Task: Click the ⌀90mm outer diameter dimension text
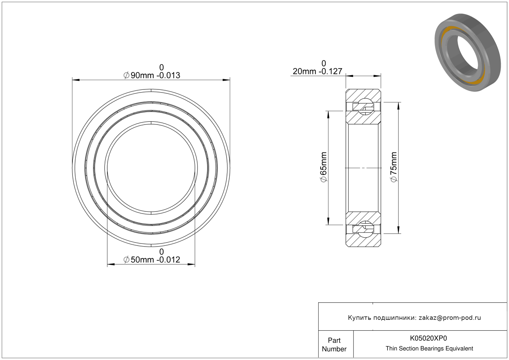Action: pyautogui.click(x=152, y=75)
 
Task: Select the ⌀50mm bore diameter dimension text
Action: pyautogui.click(x=152, y=260)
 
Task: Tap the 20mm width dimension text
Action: pyautogui.click(x=317, y=71)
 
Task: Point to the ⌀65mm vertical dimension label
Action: pyautogui.click(x=323, y=167)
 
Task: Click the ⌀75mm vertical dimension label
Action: pyautogui.click(x=393, y=167)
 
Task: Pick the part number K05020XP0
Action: pyautogui.click(x=428, y=338)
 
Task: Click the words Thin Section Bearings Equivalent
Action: pyautogui.click(x=429, y=349)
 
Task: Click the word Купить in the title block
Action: pyautogui.click(x=359, y=318)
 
